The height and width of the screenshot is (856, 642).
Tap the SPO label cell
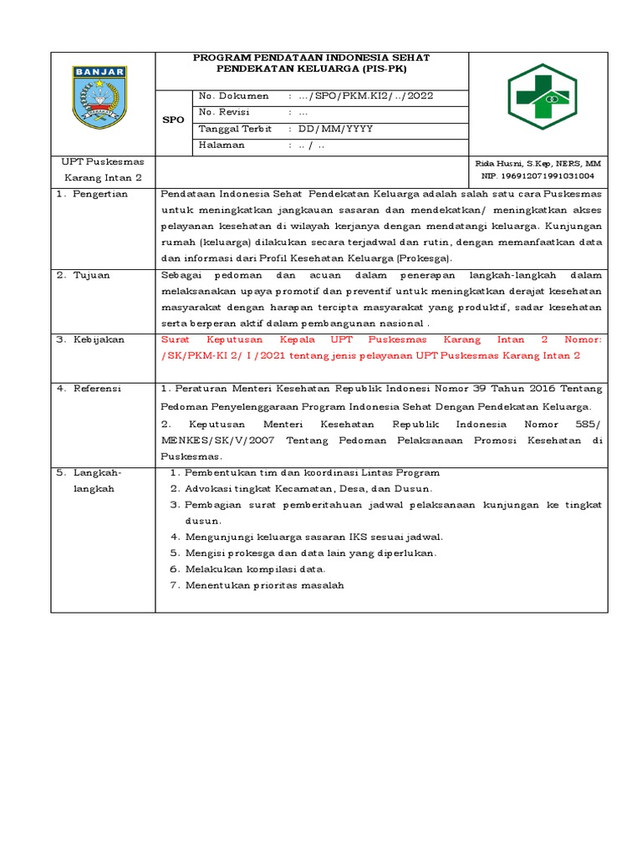pyautogui.click(x=173, y=120)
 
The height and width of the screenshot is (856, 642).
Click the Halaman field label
pyautogui.click(x=222, y=145)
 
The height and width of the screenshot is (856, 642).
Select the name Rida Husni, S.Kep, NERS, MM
pyautogui.click(x=538, y=163)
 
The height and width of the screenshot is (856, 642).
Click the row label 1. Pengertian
pyautogui.click(x=92, y=194)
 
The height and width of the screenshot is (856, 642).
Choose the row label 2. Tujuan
pyautogui.click(x=83, y=275)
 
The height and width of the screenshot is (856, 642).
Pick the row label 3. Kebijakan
pyautogui.click(x=90, y=339)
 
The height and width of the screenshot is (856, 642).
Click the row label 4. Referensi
pyautogui.click(x=89, y=389)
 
